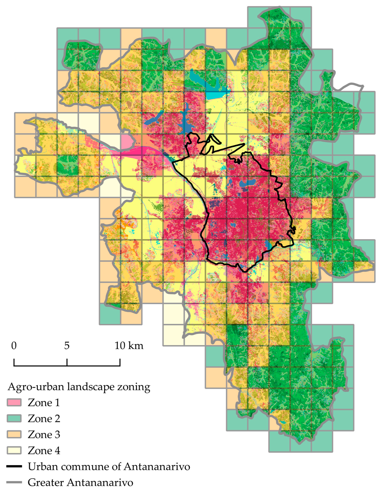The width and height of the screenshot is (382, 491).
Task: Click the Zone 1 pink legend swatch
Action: pos(14,403)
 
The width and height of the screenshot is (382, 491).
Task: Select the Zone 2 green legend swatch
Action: pos(14,418)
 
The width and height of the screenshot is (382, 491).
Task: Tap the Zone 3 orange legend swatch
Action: pos(14,434)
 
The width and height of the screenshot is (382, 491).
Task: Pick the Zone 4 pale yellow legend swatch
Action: pos(14,450)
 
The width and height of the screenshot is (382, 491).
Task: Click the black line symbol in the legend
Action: pos(14,466)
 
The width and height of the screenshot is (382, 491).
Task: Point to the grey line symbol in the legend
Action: pos(14,482)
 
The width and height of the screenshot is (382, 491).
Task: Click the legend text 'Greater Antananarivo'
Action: pos(80,482)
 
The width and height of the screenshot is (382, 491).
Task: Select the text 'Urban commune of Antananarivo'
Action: pos(109,466)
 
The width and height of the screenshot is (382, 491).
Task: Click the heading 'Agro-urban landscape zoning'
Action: pos(79,387)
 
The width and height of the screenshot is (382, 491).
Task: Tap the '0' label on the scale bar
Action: pos(14,345)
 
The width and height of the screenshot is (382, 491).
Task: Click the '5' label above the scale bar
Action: pos(67,345)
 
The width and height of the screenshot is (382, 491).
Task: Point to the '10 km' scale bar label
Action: pos(129,345)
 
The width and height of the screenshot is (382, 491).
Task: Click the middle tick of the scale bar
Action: pos(67,362)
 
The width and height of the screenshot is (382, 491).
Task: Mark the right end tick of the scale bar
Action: pos(120,362)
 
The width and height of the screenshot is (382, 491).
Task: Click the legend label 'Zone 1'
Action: pos(44,403)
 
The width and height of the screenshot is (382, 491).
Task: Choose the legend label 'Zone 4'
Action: pos(44,450)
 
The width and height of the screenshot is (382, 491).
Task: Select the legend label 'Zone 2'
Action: pos(44,418)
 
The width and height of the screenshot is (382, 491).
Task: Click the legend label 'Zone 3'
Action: pos(44,434)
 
